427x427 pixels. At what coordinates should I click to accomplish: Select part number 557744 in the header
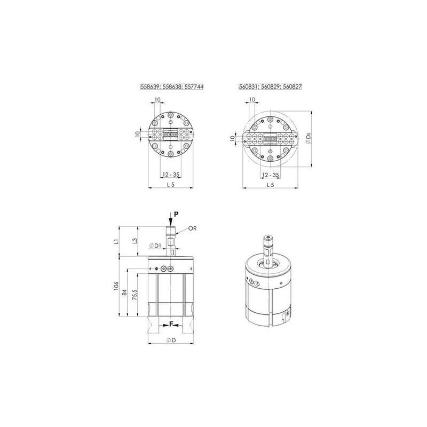(x=194, y=86)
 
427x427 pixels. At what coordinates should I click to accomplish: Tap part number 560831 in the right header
(x=248, y=86)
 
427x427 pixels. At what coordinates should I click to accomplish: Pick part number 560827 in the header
(x=292, y=86)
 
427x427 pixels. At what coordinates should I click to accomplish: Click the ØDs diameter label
(x=308, y=139)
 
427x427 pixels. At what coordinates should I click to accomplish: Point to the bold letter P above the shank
(x=176, y=215)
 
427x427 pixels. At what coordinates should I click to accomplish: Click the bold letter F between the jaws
(x=171, y=324)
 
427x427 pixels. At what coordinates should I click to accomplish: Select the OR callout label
(x=192, y=228)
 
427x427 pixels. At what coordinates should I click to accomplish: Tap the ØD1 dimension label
(x=155, y=246)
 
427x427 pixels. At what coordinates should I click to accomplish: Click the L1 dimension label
(x=116, y=241)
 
